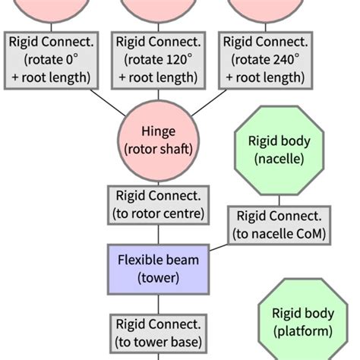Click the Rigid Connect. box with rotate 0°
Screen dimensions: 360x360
point(51,59)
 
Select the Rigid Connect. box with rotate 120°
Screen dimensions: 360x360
point(158,59)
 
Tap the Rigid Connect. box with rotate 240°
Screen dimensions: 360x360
point(265,59)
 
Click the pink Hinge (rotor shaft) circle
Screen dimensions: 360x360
point(158,141)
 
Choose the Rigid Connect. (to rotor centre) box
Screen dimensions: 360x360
point(158,204)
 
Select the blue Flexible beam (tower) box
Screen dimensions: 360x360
point(158,270)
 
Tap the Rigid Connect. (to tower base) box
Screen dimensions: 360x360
point(158,334)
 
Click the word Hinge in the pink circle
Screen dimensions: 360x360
point(158,131)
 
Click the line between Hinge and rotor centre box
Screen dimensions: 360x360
point(158,178)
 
